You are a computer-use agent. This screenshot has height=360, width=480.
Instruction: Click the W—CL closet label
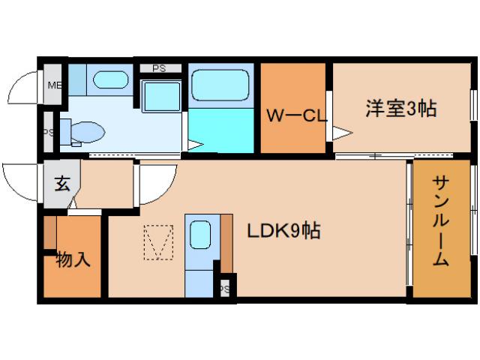click(x=294, y=115)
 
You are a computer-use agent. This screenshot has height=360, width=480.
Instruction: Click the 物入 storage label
click(x=73, y=260)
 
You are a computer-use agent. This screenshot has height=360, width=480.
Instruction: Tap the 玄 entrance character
click(x=61, y=183)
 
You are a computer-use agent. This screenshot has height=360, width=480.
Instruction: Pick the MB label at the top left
click(x=54, y=85)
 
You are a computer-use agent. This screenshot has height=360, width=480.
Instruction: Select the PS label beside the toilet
click(x=48, y=133)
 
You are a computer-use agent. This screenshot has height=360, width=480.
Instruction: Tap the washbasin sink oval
click(x=110, y=79)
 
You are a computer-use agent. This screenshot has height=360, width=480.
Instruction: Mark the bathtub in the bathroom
click(x=220, y=85)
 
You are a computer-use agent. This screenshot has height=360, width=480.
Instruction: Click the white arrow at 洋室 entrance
click(x=342, y=133)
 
